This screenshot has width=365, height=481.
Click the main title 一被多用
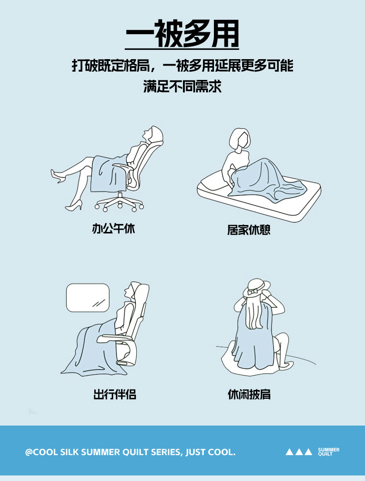pyautogui.click(x=182, y=33)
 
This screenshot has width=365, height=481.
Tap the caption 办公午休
pyautogui.click(x=114, y=229)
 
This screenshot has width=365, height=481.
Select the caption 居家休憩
pyautogui.click(x=249, y=230)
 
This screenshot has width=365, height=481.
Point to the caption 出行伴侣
pyautogui.click(x=115, y=394)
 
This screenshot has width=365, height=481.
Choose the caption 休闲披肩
pyautogui.click(x=249, y=394)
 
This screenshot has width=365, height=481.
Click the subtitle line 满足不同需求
pyautogui.click(x=182, y=86)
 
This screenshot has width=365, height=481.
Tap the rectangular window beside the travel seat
pyautogui.click(x=88, y=298)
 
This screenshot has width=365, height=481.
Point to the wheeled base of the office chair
pyautogui.click(x=119, y=202)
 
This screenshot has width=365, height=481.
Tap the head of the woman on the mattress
pyautogui.click(x=239, y=140)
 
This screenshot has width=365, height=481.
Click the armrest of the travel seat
pyautogui.click(x=115, y=339)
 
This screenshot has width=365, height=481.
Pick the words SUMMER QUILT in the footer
pyautogui.click(x=328, y=451)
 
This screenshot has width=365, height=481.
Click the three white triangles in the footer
pyautogui.click(x=299, y=451)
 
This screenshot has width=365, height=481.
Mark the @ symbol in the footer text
pyautogui.click(x=29, y=452)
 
